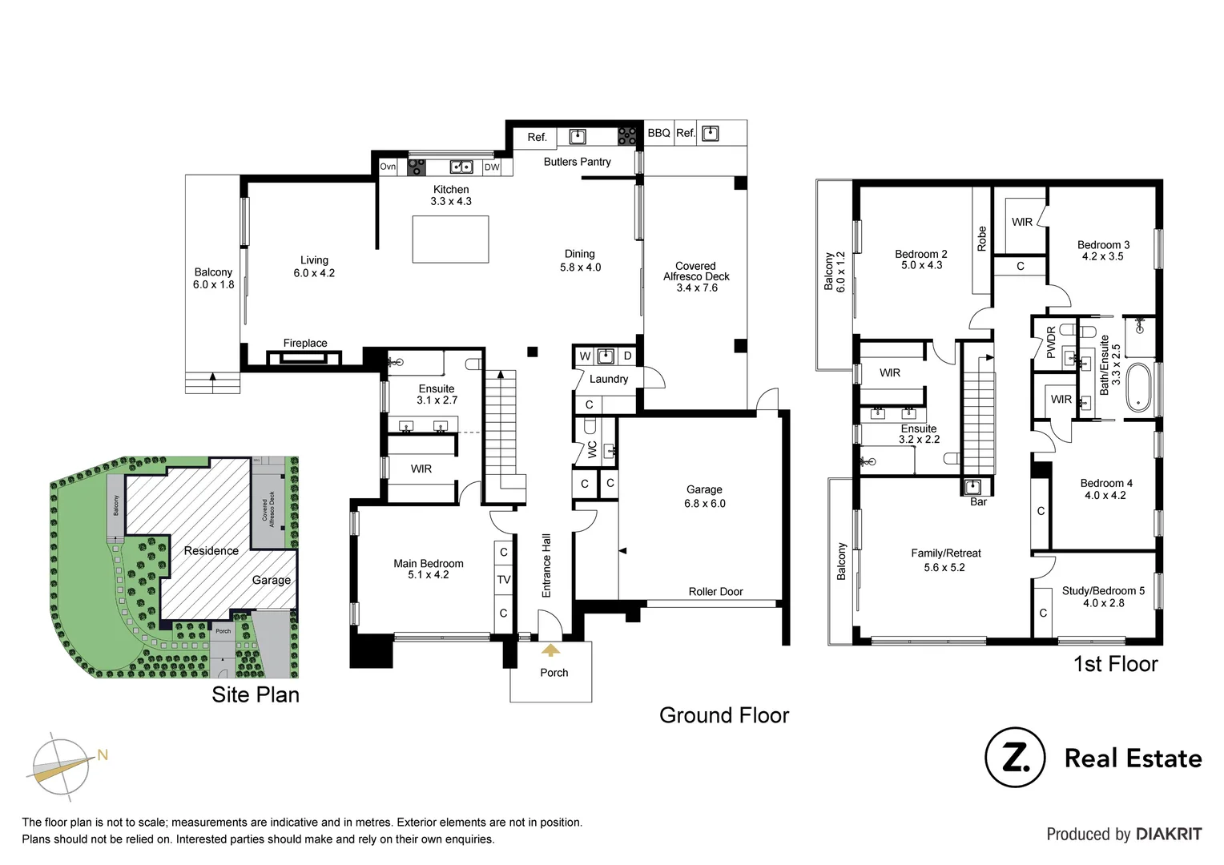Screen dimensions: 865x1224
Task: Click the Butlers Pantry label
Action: pyautogui.click(x=577, y=162)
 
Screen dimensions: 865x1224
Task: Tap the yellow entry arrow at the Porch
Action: pyautogui.click(x=550, y=650)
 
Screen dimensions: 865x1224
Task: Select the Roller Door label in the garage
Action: pyautogui.click(x=715, y=592)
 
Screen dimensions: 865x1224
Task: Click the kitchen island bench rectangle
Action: pyautogui.click(x=450, y=238)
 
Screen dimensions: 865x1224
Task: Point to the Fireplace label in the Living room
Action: pyautogui.click(x=304, y=344)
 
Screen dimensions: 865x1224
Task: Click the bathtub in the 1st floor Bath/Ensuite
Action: pyautogui.click(x=1138, y=388)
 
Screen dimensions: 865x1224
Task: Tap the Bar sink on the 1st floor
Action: pyautogui.click(x=974, y=487)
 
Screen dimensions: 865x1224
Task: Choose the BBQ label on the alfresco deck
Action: pyautogui.click(x=658, y=133)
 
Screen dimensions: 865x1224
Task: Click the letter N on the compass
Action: pyautogui.click(x=103, y=754)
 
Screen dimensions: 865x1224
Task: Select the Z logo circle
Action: pyautogui.click(x=1014, y=758)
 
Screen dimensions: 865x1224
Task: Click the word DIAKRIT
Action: pyautogui.click(x=1169, y=835)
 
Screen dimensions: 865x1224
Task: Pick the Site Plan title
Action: pyautogui.click(x=256, y=694)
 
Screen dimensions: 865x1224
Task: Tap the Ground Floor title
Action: pyautogui.click(x=724, y=715)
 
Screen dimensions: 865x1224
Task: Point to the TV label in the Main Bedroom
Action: pyautogui.click(x=504, y=580)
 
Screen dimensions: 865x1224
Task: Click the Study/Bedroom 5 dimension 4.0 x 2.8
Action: pyautogui.click(x=1103, y=603)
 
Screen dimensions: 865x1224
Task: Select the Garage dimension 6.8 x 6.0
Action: pyautogui.click(x=704, y=504)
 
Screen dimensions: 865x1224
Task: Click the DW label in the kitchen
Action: pyautogui.click(x=492, y=167)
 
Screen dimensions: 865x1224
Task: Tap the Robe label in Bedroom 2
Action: pyautogui.click(x=982, y=239)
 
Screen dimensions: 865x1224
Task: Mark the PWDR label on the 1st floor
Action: pyautogui.click(x=1051, y=342)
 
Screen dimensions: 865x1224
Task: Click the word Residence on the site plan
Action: pyautogui.click(x=211, y=551)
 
